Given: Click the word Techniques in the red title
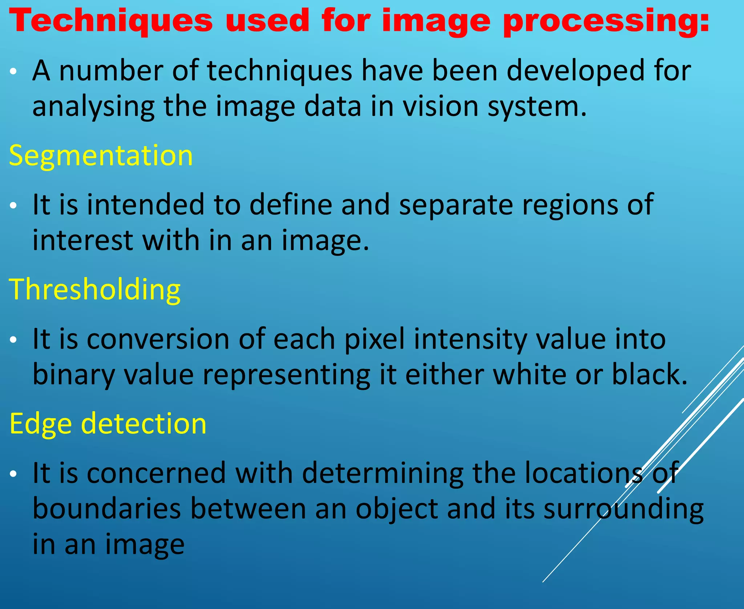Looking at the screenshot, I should click(x=111, y=21).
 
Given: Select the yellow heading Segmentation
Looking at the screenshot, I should click(x=101, y=156).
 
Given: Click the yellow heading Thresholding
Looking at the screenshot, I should click(x=94, y=290).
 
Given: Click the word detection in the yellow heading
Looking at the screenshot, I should click(x=143, y=424).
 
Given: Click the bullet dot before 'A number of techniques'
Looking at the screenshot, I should click(x=13, y=72).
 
